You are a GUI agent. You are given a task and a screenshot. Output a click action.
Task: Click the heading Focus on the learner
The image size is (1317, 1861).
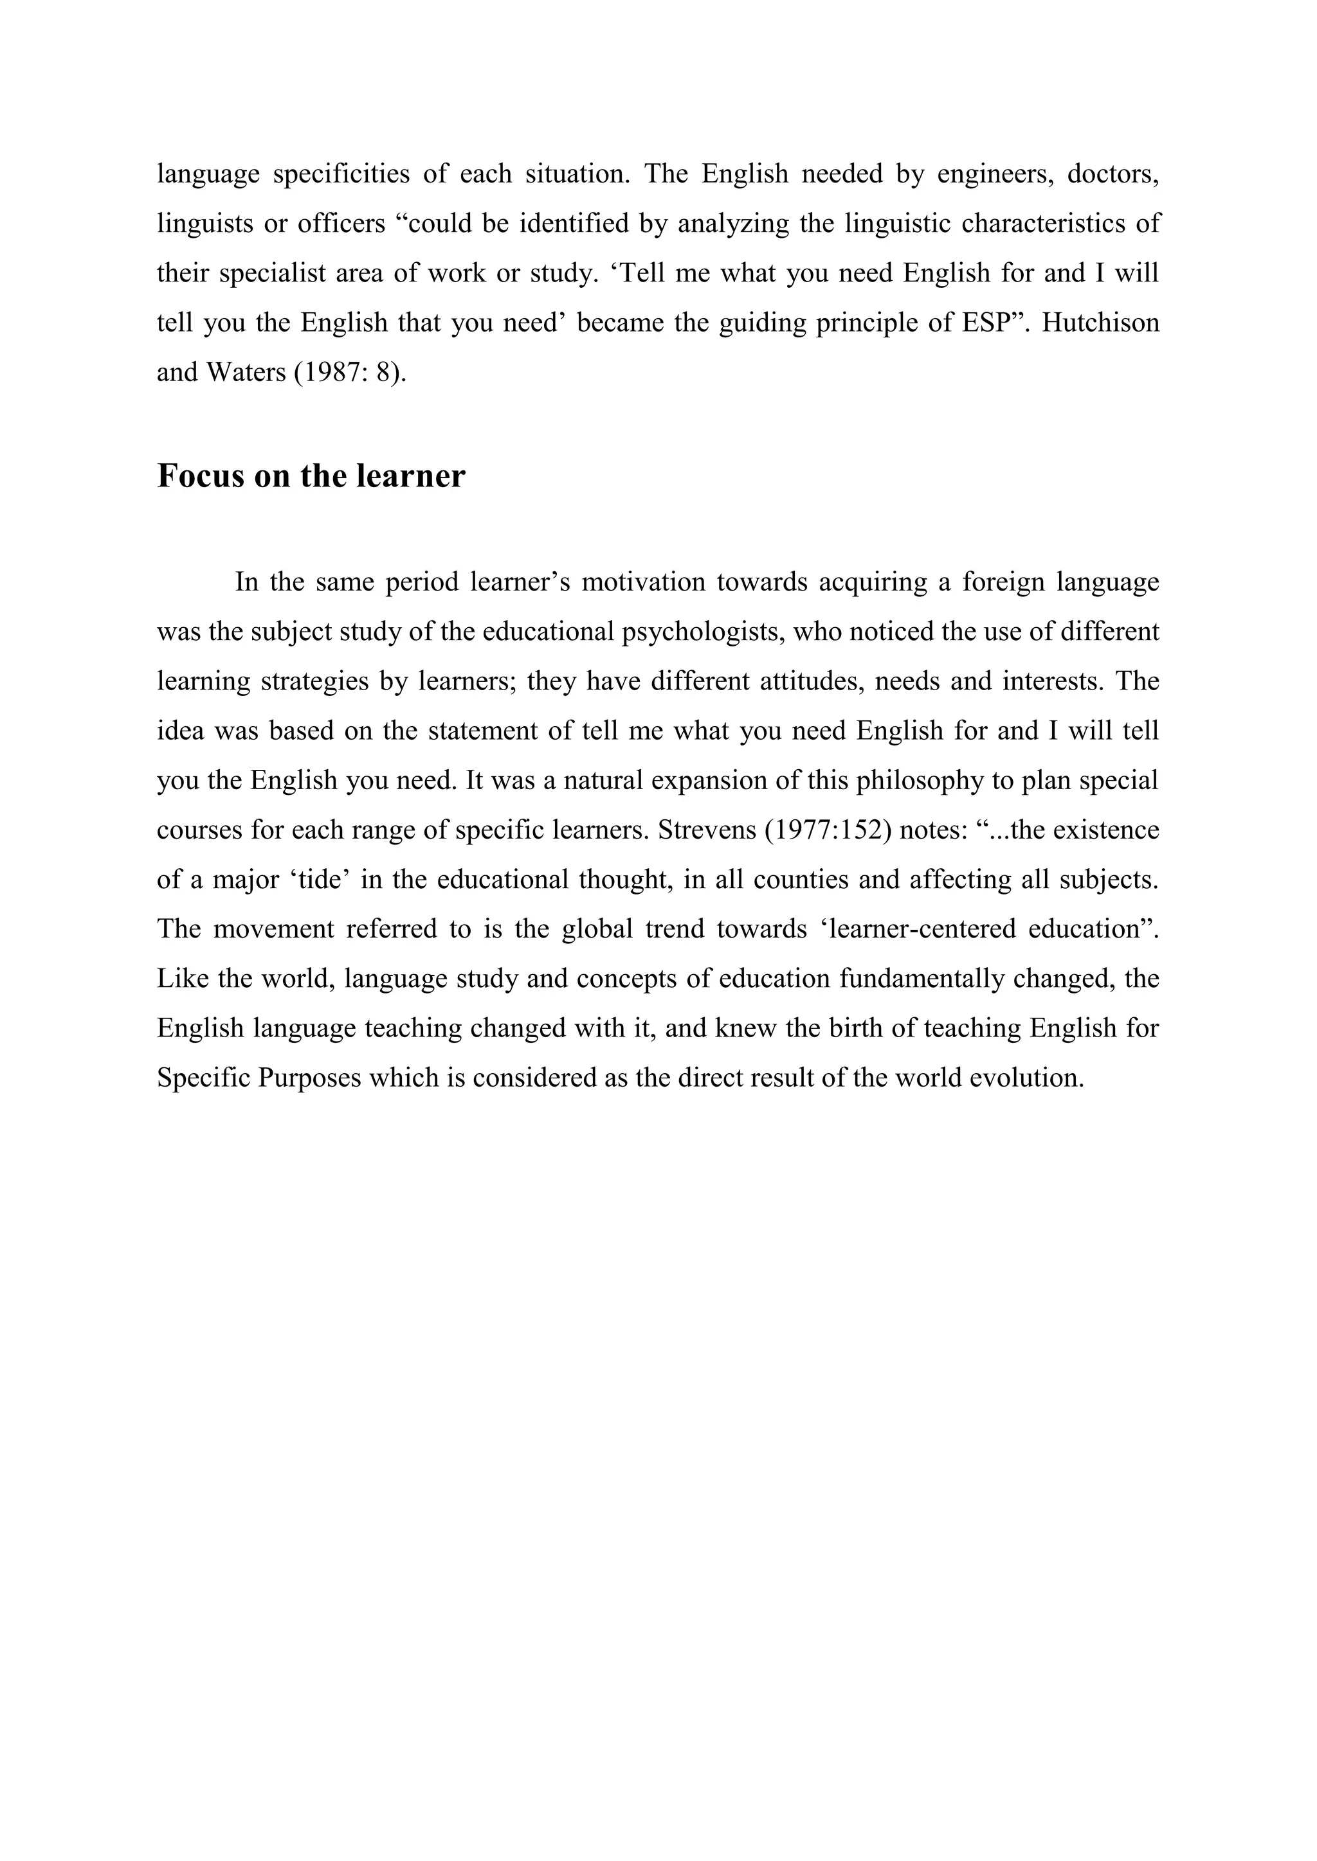[311, 476]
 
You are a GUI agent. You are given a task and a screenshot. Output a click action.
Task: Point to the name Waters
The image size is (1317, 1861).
[246, 372]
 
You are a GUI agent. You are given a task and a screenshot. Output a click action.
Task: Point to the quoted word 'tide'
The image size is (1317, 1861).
[319, 880]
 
